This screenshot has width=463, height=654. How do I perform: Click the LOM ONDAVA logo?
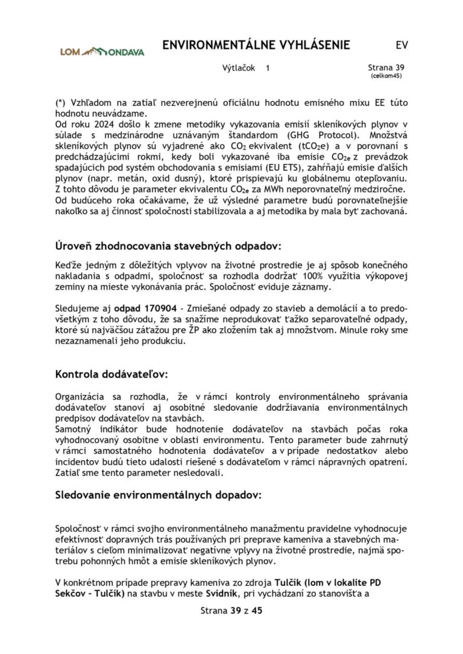pos(102,52)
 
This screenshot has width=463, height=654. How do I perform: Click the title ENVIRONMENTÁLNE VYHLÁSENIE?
pos(256,46)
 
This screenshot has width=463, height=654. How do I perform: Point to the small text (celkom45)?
pos(386,76)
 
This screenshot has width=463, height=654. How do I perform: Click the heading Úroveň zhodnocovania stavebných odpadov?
pos(168,246)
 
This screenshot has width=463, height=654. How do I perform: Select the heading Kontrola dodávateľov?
pos(112,374)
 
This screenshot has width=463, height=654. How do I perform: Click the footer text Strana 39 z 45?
pos(231,610)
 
